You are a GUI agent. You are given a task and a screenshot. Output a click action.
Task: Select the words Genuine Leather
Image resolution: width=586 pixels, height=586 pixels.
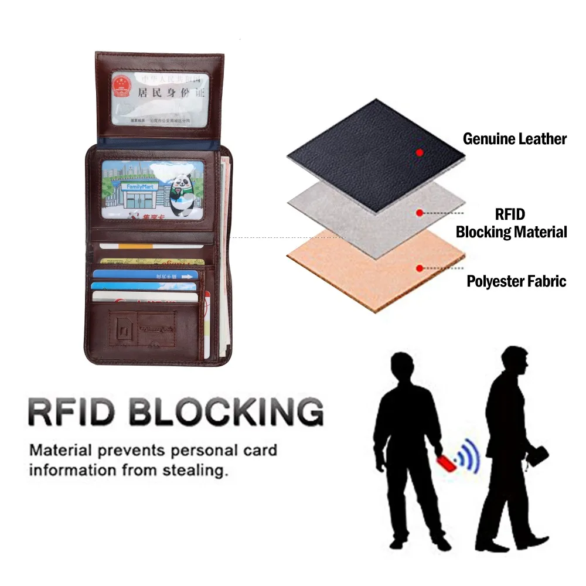pos(515,139)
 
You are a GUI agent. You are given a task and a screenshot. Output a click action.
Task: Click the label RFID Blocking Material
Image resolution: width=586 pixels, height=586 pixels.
pos(512,223)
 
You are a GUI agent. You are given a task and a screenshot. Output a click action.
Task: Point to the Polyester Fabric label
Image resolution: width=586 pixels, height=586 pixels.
pos(516,281)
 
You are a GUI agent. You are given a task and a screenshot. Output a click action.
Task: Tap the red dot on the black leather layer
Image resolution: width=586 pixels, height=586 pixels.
pos(420,152)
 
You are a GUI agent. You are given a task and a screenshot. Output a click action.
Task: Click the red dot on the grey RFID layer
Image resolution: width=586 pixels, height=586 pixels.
pos(420,213)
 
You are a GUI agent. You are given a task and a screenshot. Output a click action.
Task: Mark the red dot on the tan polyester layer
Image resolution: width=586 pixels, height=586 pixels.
pos(420,268)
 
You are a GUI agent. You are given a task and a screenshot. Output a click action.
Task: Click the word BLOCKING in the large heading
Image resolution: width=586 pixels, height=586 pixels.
pos(226,411)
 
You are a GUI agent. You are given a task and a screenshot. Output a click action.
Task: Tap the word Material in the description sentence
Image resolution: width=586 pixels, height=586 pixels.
pos(60,451)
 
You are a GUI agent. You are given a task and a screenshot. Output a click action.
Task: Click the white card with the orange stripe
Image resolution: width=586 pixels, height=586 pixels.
pos(151,246)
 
